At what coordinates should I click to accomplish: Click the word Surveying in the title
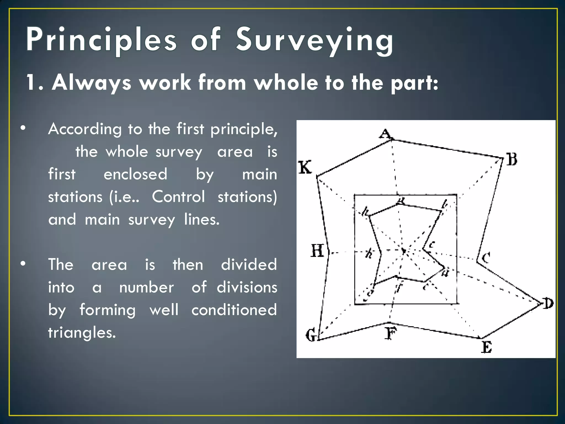click(x=315, y=40)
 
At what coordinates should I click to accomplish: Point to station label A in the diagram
click(x=385, y=134)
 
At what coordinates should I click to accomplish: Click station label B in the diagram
click(x=512, y=159)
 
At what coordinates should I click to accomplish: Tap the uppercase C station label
click(x=486, y=258)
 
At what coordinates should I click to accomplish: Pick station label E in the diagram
click(x=487, y=347)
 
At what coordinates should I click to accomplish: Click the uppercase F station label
click(x=391, y=333)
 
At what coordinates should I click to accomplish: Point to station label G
click(x=311, y=336)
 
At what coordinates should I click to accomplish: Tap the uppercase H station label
click(x=317, y=251)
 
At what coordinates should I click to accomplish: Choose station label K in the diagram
click(x=305, y=167)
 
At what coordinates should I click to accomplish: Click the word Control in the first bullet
click(x=178, y=197)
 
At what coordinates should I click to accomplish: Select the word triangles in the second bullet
click(x=82, y=332)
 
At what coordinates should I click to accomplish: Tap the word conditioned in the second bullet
click(x=234, y=310)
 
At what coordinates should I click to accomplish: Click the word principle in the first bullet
click(x=244, y=129)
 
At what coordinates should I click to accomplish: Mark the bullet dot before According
click(x=23, y=128)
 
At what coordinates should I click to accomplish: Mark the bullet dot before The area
click(x=23, y=264)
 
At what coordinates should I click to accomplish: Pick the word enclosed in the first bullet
click(x=135, y=174)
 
